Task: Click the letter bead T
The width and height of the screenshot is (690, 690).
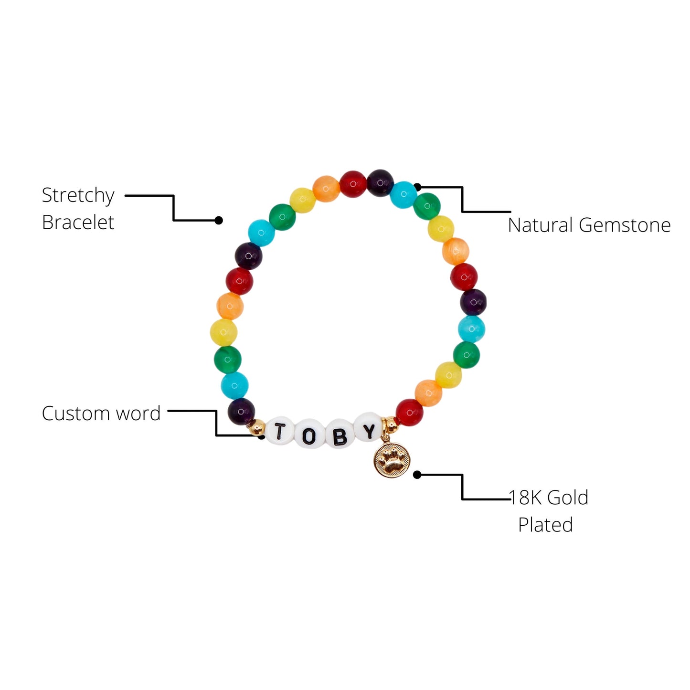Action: coord(279,431)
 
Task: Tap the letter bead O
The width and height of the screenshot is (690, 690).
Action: coord(308,435)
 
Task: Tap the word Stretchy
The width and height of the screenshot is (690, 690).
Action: coord(78,196)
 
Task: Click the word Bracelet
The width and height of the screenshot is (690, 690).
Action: coord(78,223)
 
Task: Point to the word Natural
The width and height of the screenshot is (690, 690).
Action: coord(540,225)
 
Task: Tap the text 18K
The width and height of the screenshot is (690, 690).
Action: coord(526,498)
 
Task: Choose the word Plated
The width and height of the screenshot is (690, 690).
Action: coord(545,525)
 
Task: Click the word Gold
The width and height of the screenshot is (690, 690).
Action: coord(568,498)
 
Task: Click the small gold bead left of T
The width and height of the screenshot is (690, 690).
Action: coord(258,426)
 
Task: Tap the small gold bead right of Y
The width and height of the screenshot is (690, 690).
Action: coord(390,423)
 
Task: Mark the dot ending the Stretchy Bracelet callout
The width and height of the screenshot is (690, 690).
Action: coord(219,220)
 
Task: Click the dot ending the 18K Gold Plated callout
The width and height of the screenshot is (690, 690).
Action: coord(417,475)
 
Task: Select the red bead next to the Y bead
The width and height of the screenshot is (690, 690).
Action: coord(409,412)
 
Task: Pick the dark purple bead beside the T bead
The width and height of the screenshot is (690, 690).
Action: coord(241,411)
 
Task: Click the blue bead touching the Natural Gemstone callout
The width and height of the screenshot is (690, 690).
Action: coord(403,195)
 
